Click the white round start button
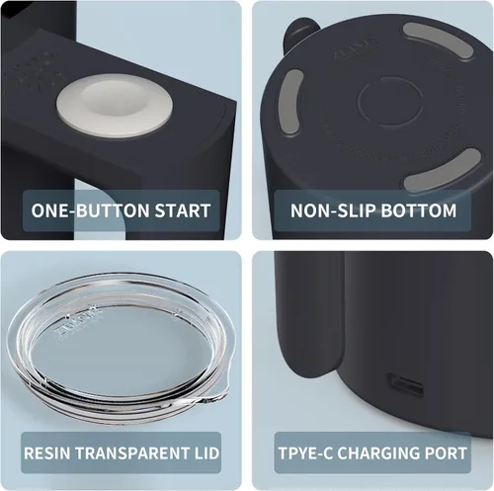(115, 105)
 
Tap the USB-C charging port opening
(405, 385)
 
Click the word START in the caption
(183, 210)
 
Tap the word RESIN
(47, 453)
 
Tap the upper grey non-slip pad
(438, 41)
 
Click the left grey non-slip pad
(289, 102)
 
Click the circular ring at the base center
(390, 102)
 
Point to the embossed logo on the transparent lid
(79, 322)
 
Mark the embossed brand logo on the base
(357, 47)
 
